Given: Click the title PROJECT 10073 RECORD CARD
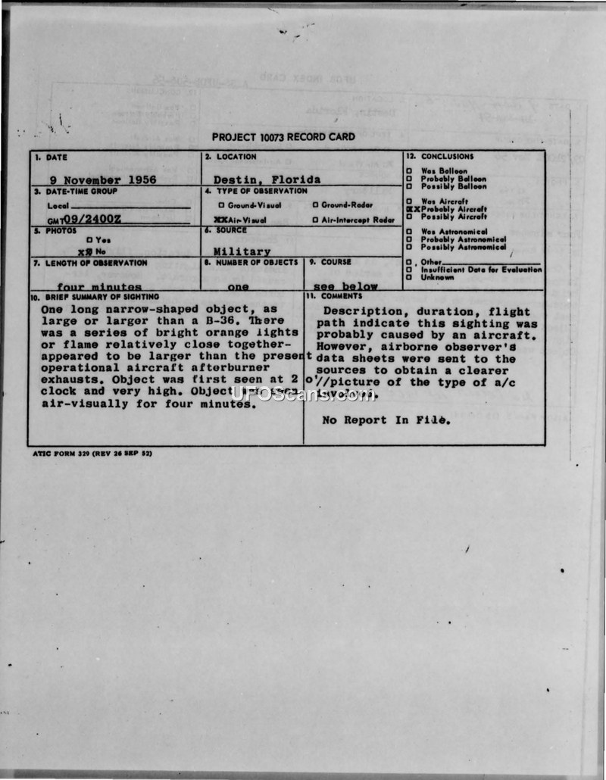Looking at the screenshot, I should [283, 137].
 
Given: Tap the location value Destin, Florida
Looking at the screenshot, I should [267, 180].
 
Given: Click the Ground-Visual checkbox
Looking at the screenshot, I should [221, 205].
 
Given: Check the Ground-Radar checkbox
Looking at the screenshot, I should [315, 205].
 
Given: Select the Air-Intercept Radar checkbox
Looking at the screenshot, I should [315, 220].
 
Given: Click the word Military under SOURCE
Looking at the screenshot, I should [242, 251].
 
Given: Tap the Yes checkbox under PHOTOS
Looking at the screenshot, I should [89, 240].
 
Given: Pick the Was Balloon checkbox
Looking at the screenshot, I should [409, 171].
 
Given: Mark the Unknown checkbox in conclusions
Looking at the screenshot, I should [409, 277].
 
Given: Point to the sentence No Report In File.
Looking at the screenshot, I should [386, 420].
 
